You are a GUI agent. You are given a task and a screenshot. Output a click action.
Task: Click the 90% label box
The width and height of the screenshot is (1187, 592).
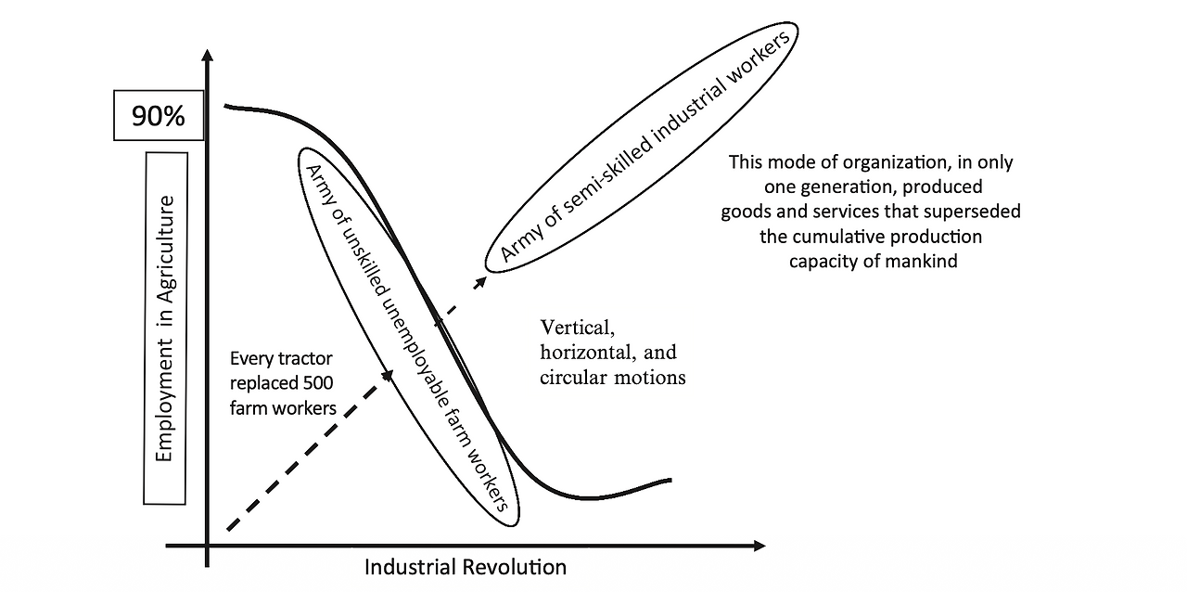158,116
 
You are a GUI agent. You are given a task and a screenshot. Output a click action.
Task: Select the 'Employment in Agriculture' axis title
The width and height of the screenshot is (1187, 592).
166,328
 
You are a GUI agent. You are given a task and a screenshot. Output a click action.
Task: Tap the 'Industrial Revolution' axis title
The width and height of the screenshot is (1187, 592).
465,566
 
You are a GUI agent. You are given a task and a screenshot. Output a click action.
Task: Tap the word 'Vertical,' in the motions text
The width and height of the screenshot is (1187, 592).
576,328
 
